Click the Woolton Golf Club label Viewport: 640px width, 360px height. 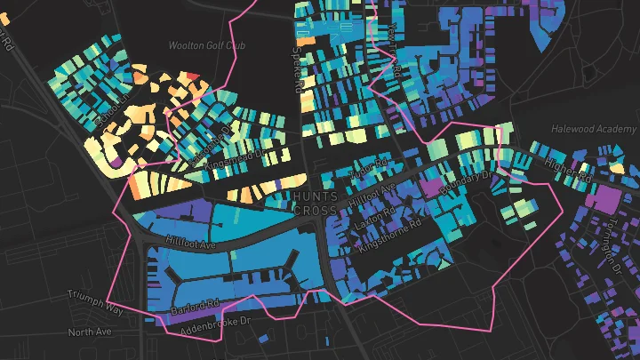pyautogui.click(x=206, y=44)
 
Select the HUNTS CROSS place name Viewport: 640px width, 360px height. pyautogui.click(x=316, y=202)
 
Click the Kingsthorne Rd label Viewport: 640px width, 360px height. pyautogui.click(x=392, y=230)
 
